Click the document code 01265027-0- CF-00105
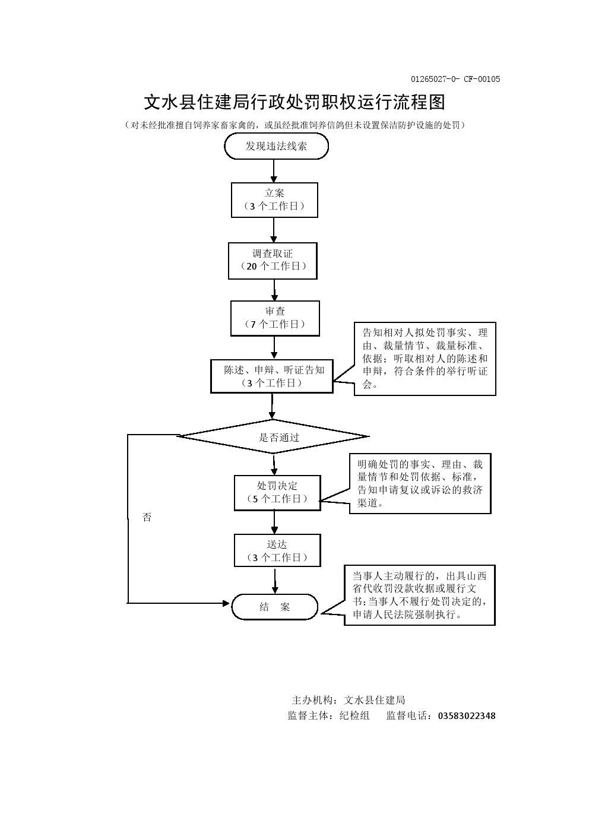pos(455,79)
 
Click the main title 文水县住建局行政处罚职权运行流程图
pos(294,102)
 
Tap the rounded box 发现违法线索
pos(276,146)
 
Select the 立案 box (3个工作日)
pos(274,199)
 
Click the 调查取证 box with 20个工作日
pos(273,260)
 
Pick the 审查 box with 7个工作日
pos(275,318)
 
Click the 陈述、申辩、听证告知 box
pos(272,376)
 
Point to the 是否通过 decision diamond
pos(273,437)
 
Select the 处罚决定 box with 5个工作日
pos(277,492)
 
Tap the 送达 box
pos(277,550)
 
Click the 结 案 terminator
pos(274,607)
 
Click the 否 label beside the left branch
pos(147,517)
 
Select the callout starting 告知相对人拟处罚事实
pos(425,359)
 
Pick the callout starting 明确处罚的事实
pos(420,483)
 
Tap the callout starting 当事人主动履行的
pos(419,595)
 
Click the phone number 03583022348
pos(466,716)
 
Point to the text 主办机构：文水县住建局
pos(349,700)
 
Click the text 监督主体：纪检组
pos(328,716)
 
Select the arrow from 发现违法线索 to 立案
pos(274,170)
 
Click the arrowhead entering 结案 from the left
pos(226,603)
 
